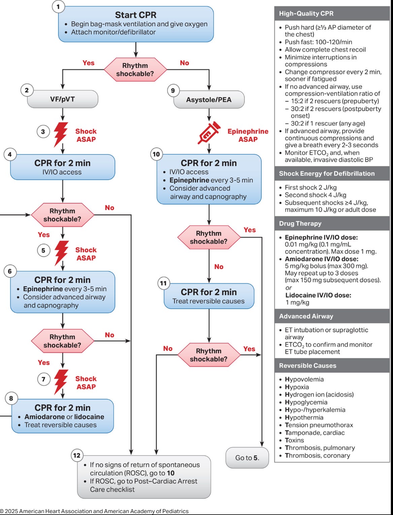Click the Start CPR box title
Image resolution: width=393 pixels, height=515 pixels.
[x=135, y=15]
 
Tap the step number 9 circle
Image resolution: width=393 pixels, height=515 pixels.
[x=173, y=90]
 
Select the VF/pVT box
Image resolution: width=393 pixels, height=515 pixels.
[x=63, y=99]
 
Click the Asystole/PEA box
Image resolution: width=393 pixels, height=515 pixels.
[x=209, y=100]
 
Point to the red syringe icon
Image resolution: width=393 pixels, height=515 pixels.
[x=209, y=133]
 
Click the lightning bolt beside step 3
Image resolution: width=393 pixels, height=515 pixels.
[x=61, y=134]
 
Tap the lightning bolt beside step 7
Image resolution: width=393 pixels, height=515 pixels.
[x=61, y=382]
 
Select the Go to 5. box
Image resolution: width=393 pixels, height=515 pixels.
[x=247, y=458]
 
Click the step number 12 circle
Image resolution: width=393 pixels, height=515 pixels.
[x=77, y=455]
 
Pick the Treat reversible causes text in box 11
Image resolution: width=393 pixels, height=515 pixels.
[x=208, y=301]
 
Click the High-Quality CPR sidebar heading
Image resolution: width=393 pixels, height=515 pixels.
[x=306, y=14]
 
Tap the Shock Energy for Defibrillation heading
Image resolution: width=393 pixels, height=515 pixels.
[x=327, y=174]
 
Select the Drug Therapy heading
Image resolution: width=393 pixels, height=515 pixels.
[x=300, y=223]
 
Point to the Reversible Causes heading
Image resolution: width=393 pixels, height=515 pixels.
[x=307, y=366]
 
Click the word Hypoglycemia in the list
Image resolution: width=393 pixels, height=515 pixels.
[x=306, y=402]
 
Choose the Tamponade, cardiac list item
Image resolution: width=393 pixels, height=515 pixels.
[x=315, y=433]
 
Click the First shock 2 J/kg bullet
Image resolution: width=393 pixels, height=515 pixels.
[x=310, y=187]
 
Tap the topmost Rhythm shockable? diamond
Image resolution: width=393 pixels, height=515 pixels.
[x=135, y=70]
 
